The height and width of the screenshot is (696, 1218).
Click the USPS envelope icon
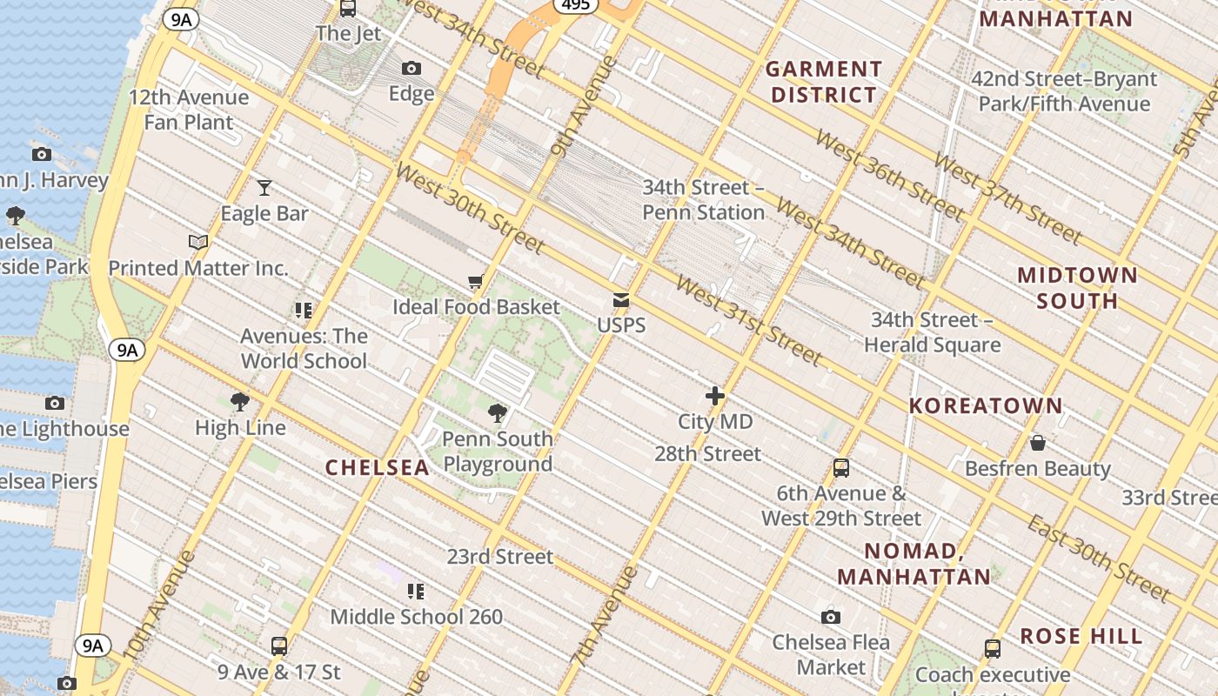pyautogui.click(x=621, y=300)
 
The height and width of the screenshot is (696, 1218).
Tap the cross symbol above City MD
pyautogui.click(x=715, y=396)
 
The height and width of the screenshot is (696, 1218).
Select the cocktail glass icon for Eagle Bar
pyautogui.click(x=264, y=187)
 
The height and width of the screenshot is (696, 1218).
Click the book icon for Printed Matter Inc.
pyautogui.click(x=198, y=242)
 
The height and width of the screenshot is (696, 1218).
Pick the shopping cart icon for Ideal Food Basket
pyautogui.click(x=475, y=281)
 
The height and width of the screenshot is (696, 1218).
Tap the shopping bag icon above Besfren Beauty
pyautogui.click(x=1037, y=443)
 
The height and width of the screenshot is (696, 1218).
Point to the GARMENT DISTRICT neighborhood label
pyautogui.click(x=823, y=82)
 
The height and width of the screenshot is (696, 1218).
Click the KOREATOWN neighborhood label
pyautogui.click(x=986, y=405)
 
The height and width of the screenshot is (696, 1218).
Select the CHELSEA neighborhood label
pyautogui.click(x=378, y=468)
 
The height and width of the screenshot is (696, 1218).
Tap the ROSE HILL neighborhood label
pyautogui.click(x=1081, y=636)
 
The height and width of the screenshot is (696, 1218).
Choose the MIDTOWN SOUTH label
pyautogui.click(x=1078, y=288)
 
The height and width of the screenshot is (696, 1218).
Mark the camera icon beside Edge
pyautogui.click(x=411, y=68)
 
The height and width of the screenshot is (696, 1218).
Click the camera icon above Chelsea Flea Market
pyautogui.click(x=831, y=617)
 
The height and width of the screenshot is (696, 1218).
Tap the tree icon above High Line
pyautogui.click(x=240, y=401)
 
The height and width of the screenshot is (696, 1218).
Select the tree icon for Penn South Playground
pyautogui.click(x=498, y=412)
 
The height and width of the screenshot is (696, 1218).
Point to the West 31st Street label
pyautogui.click(x=747, y=321)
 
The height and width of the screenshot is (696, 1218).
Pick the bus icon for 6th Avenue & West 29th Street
pyautogui.click(x=841, y=467)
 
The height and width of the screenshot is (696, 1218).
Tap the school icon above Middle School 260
pyautogui.click(x=416, y=592)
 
